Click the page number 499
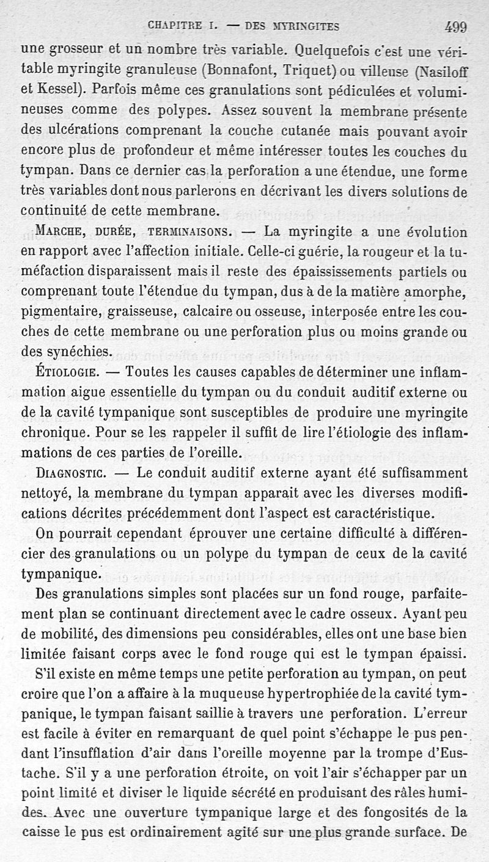pyautogui.click(x=456, y=26)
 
